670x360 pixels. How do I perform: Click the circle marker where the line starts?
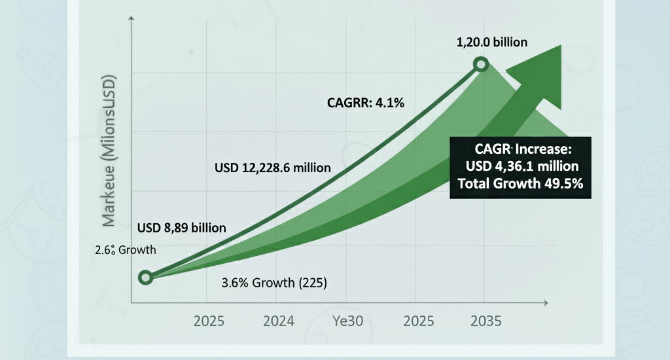tap(145, 278)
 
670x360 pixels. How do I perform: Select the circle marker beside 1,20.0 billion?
tap(481, 64)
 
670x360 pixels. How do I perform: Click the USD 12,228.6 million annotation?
tap(272, 168)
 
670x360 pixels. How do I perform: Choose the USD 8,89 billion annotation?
tap(181, 228)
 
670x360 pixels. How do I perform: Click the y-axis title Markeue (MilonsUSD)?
tap(109, 152)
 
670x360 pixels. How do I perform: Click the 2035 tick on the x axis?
tap(485, 321)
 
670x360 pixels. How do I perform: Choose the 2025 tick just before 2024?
tap(209, 321)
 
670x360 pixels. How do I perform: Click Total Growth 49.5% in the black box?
tap(521, 184)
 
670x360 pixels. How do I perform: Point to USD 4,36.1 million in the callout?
tap(521, 166)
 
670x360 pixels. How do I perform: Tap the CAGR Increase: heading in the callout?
tap(521, 147)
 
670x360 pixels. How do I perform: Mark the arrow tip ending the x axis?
tap(544, 304)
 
